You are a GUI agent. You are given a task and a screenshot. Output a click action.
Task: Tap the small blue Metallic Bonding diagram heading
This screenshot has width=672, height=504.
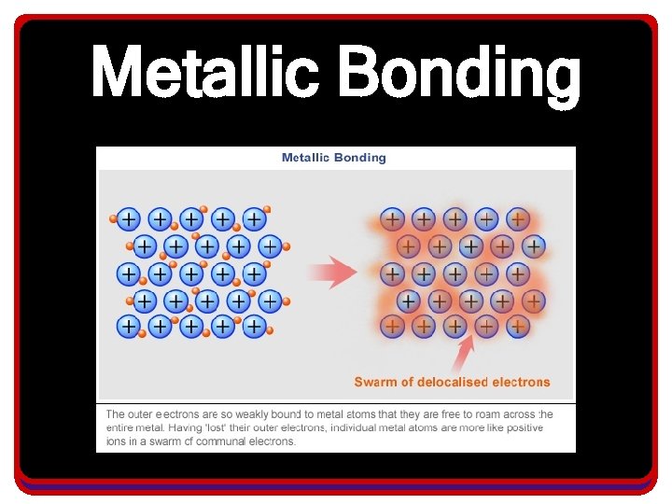[333, 158]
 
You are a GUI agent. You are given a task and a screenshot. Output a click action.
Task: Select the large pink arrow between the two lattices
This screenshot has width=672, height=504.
[331, 273]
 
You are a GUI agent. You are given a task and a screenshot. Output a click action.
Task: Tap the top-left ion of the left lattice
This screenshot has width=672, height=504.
[128, 219]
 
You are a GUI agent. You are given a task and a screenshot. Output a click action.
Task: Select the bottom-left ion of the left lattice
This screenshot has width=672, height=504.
[128, 327]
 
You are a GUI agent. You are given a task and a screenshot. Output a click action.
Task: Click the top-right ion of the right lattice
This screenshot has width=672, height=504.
[518, 219]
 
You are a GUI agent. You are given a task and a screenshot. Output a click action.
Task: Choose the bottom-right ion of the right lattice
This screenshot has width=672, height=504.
[518, 327]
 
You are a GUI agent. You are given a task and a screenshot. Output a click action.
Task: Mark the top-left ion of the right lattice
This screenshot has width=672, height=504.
[392, 219]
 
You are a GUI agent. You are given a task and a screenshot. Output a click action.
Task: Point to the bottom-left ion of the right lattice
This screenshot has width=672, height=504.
[392, 327]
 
